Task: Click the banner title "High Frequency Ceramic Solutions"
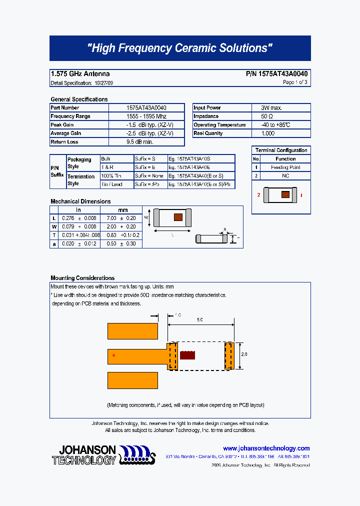coord(180,48)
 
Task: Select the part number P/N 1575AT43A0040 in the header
coord(276,73)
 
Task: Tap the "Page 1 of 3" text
coord(295,82)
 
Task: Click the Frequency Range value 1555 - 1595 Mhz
coord(146,116)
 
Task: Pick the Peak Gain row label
coord(62,125)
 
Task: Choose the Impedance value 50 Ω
coord(267,116)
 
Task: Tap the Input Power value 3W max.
coord(271,108)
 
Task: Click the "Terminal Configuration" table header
coord(281,150)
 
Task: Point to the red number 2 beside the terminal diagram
coord(259,194)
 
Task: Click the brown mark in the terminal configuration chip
coord(285,194)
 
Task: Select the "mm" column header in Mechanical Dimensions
coord(122,210)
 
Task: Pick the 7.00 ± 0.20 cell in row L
coord(121,218)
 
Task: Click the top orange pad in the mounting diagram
coord(133,330)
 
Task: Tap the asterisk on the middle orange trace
coord(113,356)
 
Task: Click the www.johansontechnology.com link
coord(266,448)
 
